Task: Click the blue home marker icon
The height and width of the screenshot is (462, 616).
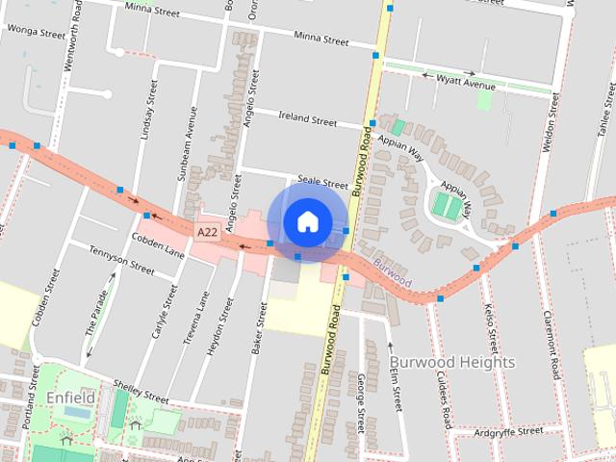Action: pos(307,221)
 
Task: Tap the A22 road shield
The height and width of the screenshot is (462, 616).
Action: pos(207,233)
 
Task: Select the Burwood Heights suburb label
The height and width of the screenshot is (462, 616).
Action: pos(452,362)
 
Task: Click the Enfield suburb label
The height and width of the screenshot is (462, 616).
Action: pos(70,397)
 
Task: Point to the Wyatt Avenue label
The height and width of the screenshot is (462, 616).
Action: pos(465,85)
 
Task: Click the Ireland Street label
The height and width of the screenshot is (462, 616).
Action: pos(308,120)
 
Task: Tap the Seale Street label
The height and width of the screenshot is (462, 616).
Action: pos(322,182)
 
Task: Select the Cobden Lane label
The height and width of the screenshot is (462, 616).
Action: pos(158,245)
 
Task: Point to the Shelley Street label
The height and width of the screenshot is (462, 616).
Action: pos(141,394)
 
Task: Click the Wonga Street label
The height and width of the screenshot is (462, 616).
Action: pos(36,32)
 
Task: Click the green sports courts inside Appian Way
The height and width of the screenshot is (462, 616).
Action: pos(447,205)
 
